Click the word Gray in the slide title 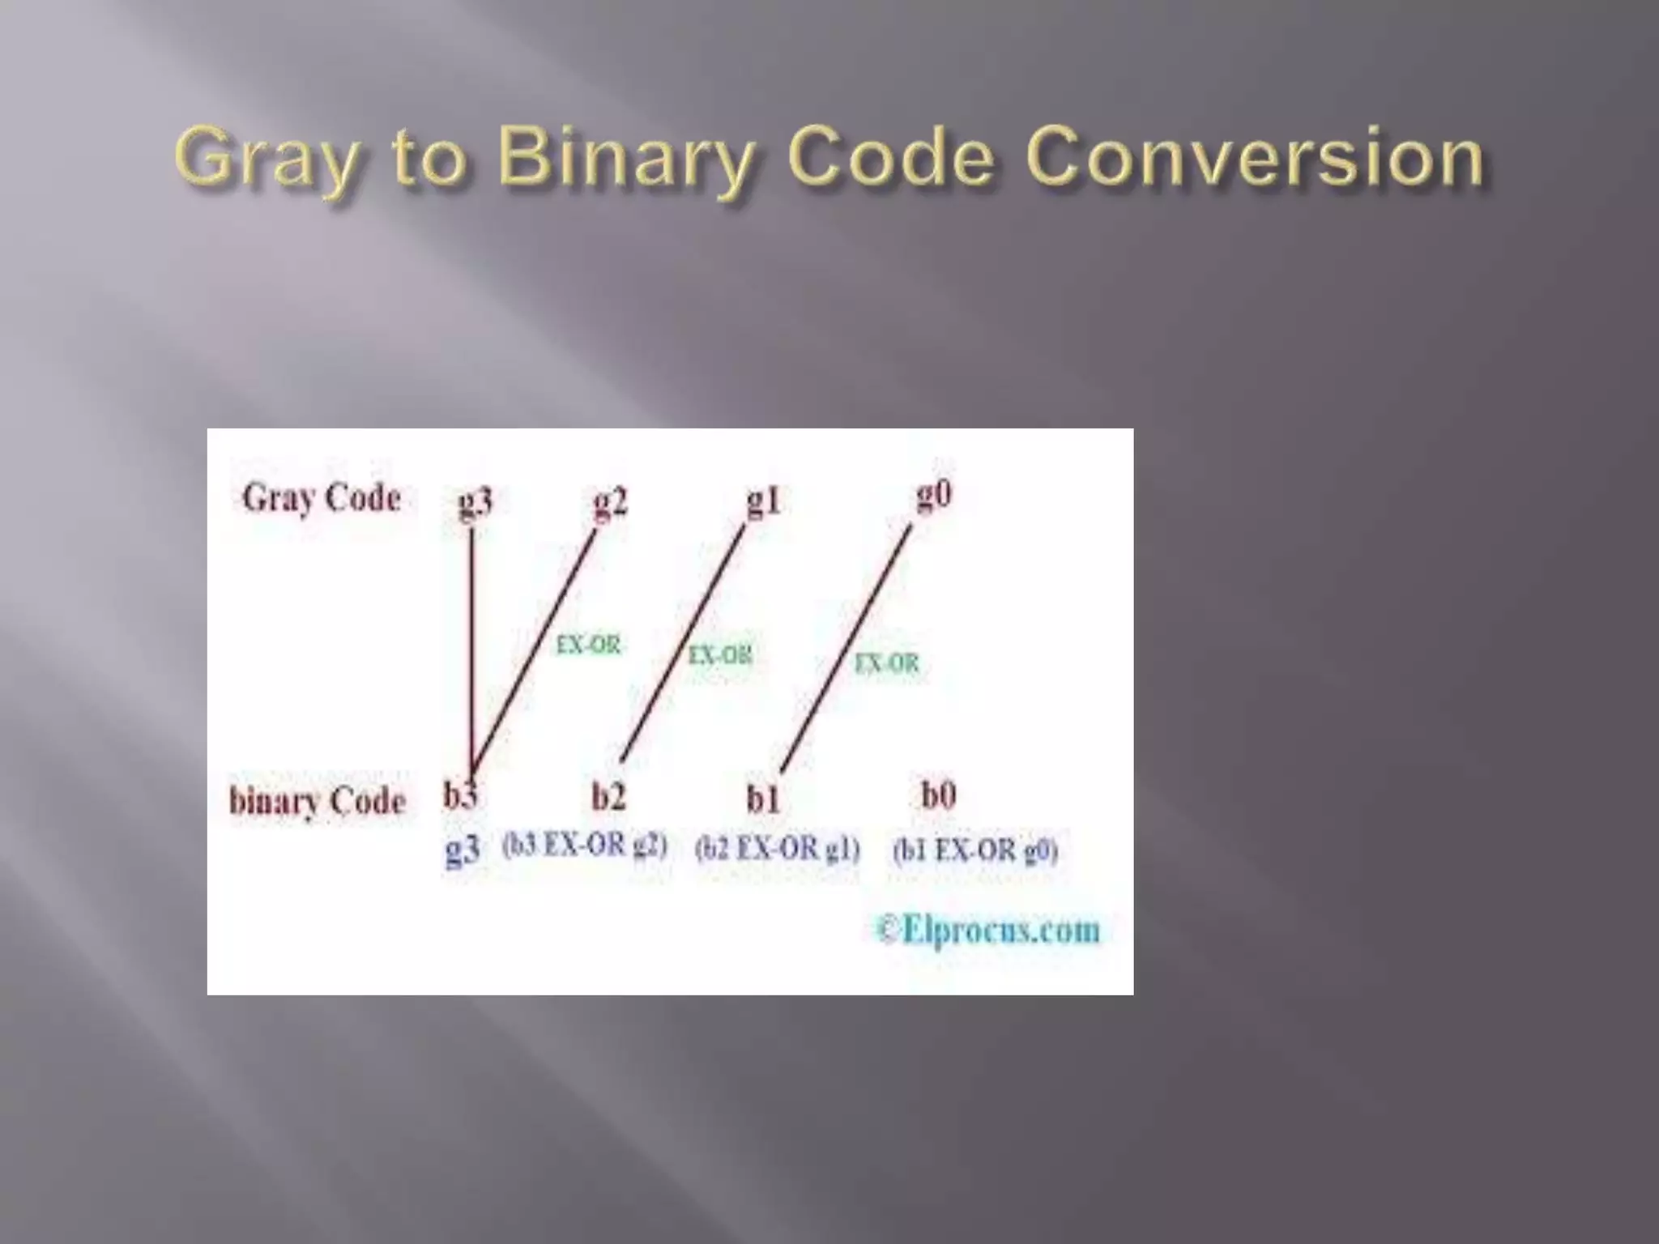coord(266,158)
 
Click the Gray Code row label coord(322,498)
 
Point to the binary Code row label coord(318,801)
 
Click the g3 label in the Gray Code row coord(475,502)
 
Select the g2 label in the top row coord(610,502)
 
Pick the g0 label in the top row coord(934,494)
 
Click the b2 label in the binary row coord(608,797)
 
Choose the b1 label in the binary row coord(763,799)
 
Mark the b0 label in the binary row coord(939,795)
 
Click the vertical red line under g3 coord(471,648)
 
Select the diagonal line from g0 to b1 coord(847,648)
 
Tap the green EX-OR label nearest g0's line coord(887,664)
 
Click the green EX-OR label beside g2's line coord(588,645)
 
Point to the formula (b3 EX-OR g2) coord(585,846)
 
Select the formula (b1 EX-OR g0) coord(975,850)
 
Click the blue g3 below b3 coord(463,851)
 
